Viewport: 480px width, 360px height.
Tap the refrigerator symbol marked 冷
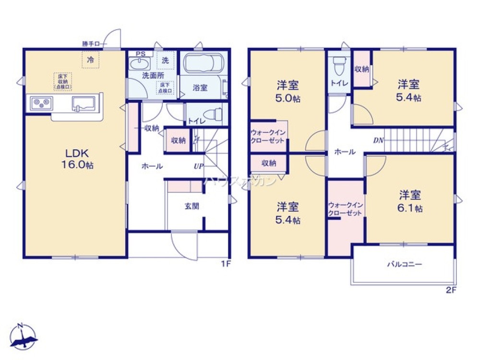(x=90, y=60)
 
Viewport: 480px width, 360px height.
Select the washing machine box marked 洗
(x=165, y=60)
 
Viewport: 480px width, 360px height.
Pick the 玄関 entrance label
(x=192, y=206)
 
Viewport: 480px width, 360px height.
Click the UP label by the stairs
(x=198, y=167)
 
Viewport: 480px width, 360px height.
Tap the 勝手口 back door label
(x=91, y=44)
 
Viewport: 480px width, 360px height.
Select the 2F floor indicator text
(x=450, y=289)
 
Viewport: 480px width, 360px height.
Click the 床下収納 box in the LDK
(x=62, y=81)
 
